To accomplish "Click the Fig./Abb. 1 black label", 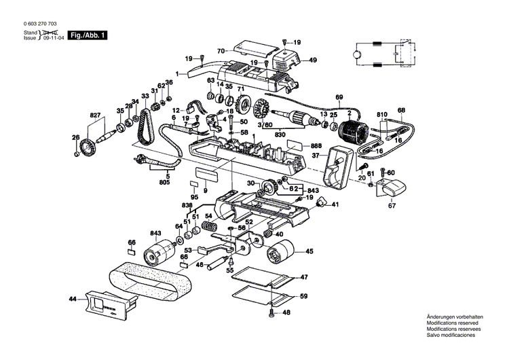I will [x=88, y=35].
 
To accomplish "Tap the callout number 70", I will [x=221, y=52].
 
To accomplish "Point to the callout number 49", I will [x=313, y=60].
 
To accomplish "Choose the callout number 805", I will [x=164, y=182].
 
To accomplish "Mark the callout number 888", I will [x=316, y=146].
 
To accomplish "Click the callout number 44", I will [x=72, y=299].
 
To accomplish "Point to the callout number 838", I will [x=187, y=204].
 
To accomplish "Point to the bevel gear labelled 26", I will [x=88, y=147].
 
